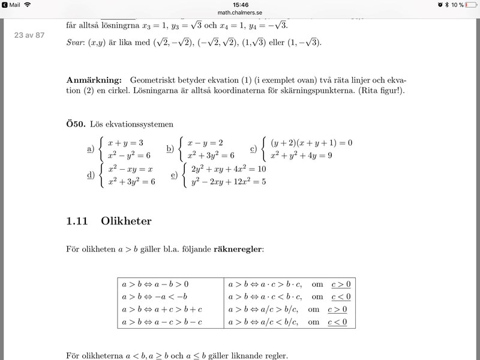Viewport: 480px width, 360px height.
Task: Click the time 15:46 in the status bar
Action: tap(240, 4)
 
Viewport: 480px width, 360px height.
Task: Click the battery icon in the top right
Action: tap(471, 4)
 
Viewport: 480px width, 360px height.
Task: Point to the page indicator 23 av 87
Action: tap(29, 35)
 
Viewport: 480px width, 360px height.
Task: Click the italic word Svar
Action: tap(76, 43)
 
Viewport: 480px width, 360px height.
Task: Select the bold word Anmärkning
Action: tap(95, 80)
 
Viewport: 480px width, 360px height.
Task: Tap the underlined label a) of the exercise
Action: tap(91, 149)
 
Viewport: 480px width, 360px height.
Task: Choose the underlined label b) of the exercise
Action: tap(170, 149)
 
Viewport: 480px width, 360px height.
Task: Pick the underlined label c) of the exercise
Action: tap(253, 149)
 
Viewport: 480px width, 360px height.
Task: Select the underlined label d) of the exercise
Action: tap(91, 175)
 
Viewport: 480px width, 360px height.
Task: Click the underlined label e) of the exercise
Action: tap(174, 175)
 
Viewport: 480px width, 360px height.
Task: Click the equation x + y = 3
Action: tap(125, 143)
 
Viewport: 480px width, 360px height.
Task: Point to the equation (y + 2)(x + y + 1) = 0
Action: tap(311, 143)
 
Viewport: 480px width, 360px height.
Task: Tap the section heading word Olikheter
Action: tap(126, 221)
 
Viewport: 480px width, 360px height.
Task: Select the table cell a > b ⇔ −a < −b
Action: tap(155, 296)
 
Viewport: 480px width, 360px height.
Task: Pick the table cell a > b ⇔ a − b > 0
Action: tap(155, 283)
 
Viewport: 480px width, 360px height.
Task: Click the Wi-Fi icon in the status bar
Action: tap(28, 4)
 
